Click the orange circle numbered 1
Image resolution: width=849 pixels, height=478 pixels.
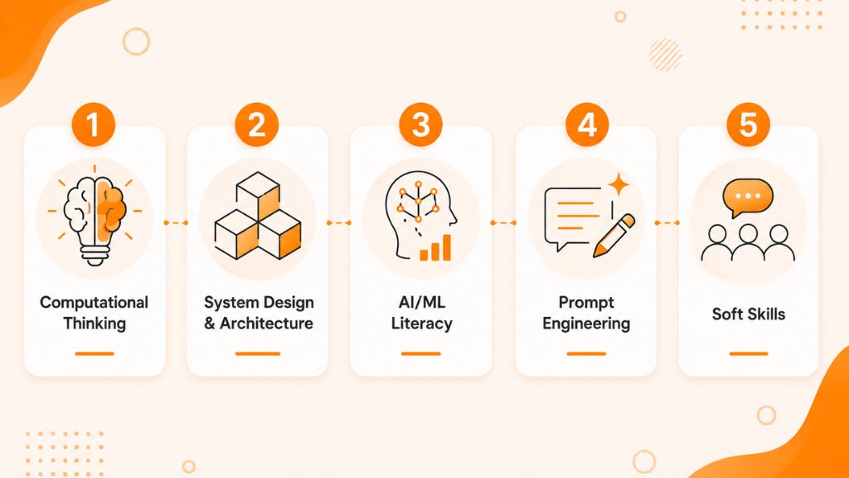pyautogui.click(x=94, y=124)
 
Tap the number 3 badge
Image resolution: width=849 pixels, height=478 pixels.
pyautogui.click(x=420, y=124)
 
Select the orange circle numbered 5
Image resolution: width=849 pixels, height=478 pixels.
pyautogui.click(x=749, y=124)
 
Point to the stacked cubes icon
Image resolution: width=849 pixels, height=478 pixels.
pyautogui.click(x=258, y=216)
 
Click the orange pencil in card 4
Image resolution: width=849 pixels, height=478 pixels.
pyautogui.click(x=614, y=235)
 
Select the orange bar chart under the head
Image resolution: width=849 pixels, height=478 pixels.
pyautogui.click(x=435, y=248)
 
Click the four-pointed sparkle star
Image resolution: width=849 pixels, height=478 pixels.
pyautogui.click(x=619, y=185)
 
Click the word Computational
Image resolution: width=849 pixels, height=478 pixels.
pyautogui.click(x=95, y=302)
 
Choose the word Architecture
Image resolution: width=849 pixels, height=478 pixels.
pyautogui.click(x=266, y=324)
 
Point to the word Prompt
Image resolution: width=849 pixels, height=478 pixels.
pyautogui.click(x=586, y=302)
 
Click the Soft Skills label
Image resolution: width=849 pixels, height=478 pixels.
pyautogui.click(x=749, y=314)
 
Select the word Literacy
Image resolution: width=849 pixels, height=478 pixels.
pyautogui.click(x=422, y=324)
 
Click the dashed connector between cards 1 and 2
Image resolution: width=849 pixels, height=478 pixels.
pyautogui.click(x=176, y=222)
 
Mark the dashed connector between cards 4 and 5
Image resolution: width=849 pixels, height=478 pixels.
pyautogui.click(x=667, y=222)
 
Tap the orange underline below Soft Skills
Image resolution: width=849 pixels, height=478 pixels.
pyautogui.click(x=749, y=354)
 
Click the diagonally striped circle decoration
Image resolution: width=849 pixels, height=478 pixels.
pyautogui.click(x=665, y=55)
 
